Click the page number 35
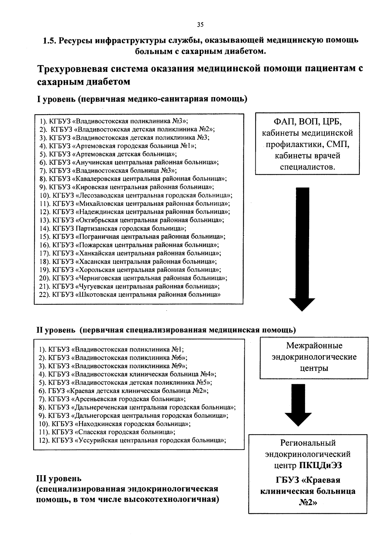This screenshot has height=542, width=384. click(x=200, y=25)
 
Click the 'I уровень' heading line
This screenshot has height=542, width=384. click(x=142, y=99)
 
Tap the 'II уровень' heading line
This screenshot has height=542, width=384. click(x=165, y=330)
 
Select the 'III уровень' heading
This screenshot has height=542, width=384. click(x=59, y=478)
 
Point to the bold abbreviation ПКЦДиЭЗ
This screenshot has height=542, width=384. click(x=321, y=465)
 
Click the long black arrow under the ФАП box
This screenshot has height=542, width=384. click(x=302, y=249)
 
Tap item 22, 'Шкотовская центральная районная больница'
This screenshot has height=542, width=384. click(x=130, y=295)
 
